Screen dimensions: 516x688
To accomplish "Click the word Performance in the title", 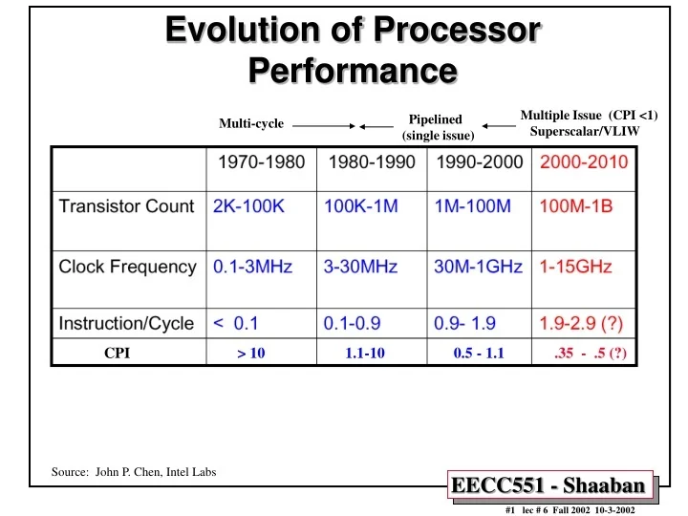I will tap(352, 70).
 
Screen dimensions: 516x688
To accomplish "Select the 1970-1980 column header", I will tap(263, 161).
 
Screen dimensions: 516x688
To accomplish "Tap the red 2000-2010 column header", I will tap(584, 161).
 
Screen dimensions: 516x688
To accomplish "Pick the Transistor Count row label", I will tap(127, 205).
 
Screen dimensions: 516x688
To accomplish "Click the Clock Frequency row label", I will tap(127, 267).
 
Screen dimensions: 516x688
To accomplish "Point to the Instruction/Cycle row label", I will tap(126, 324).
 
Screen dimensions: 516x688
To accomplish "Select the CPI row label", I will tap(117, 354).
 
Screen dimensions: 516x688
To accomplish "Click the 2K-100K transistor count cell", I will tap(247, 205).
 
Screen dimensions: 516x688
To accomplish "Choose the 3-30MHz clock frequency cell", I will tap(360, 267).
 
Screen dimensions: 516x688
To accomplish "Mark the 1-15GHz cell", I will tap(576, 267).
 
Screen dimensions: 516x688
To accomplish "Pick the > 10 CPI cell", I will tap(251, 354).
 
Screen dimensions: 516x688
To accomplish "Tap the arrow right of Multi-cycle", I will tap(323, 125).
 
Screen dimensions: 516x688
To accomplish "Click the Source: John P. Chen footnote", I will tap(133, 472).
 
